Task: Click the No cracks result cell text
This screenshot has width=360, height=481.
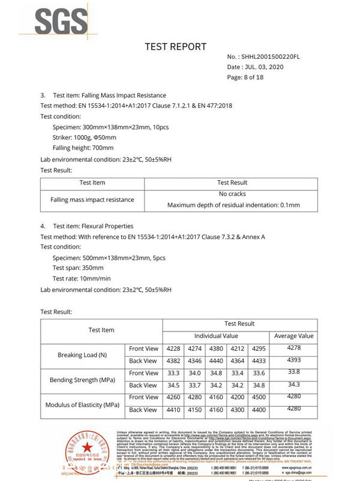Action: (x=232, y=194)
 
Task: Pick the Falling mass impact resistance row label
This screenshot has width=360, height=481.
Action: (x=92, y=199)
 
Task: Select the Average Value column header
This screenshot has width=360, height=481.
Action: (x=293, y=336)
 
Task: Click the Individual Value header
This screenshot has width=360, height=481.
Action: (x=216, y=336)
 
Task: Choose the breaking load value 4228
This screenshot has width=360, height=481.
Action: (x=173, y=349)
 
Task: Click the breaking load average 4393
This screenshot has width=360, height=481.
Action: (x=293, y=360)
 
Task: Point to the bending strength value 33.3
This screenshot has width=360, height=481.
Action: (x=173, y=373)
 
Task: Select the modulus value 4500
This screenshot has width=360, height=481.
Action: (x=259, y=397)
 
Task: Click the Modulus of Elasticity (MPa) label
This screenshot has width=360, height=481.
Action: (x=83, y=404)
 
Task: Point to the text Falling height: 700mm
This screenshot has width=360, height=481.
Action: (x=83, y=147)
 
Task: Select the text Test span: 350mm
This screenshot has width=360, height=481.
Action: (x=78, y=268)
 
